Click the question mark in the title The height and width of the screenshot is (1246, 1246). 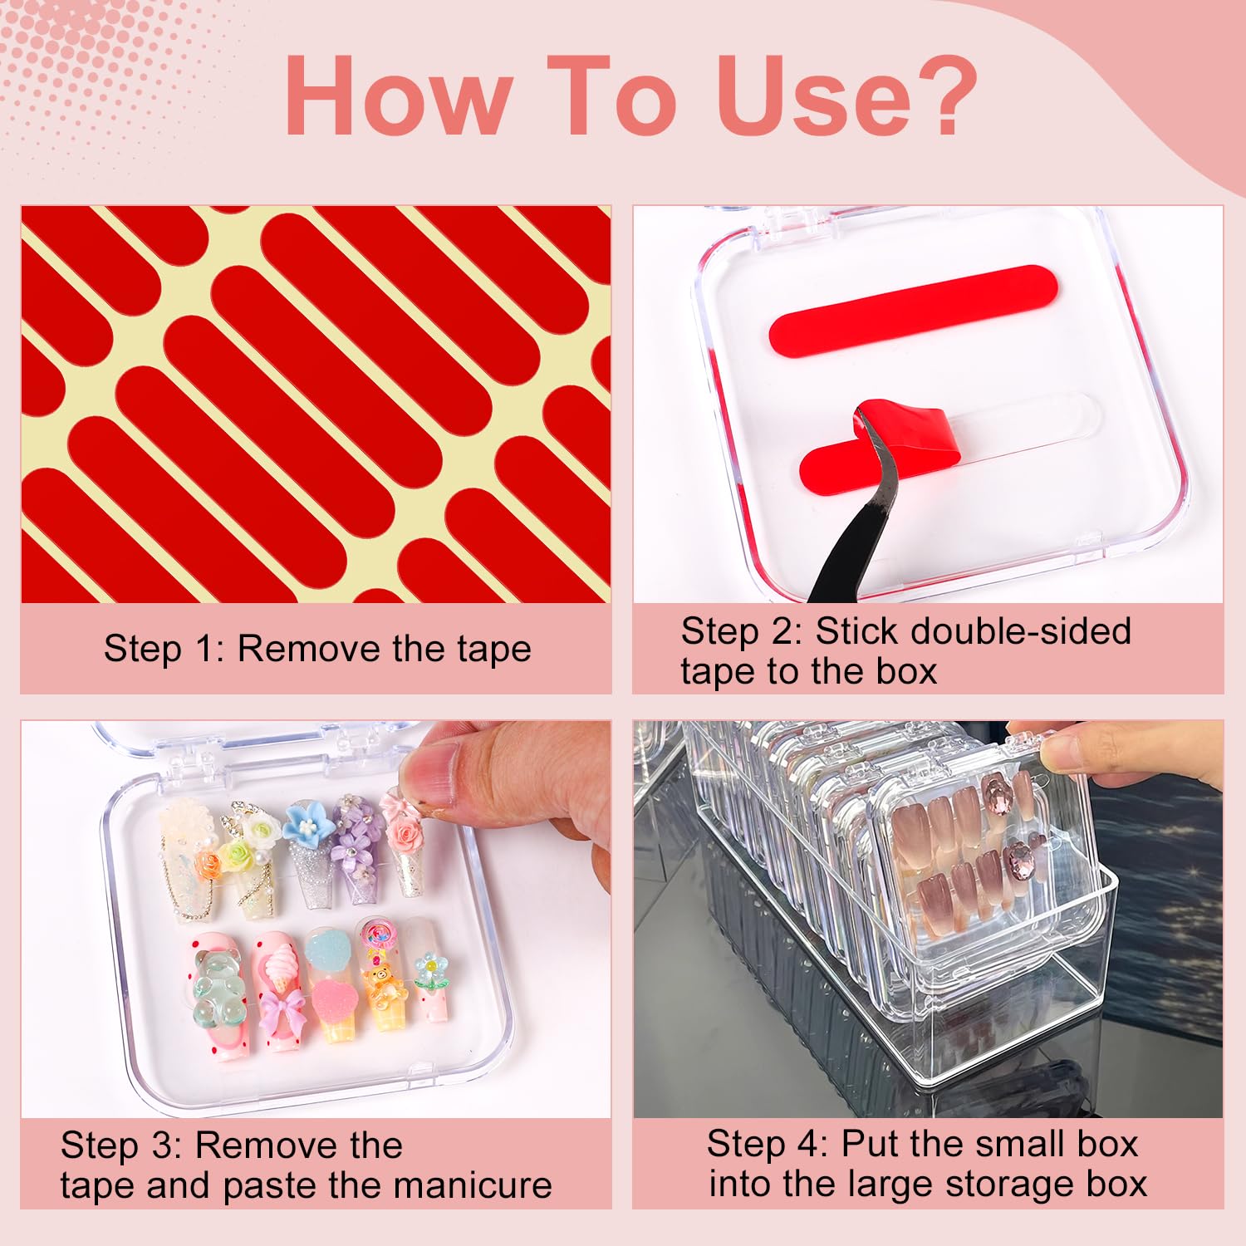pos(938,96)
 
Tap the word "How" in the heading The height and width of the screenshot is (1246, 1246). pos(399,96)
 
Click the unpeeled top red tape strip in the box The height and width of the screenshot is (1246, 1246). pos(912,310)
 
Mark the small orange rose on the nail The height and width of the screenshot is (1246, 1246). pos(208,863)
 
